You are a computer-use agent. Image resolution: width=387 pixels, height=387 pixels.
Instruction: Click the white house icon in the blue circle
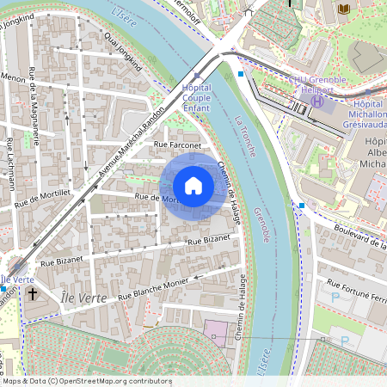click(193, 185)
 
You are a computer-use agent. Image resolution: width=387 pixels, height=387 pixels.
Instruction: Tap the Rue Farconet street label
click(176, 146)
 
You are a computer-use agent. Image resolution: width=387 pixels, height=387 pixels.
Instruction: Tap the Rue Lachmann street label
click(9, 163)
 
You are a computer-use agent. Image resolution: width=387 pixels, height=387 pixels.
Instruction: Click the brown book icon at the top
click(345, 9)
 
